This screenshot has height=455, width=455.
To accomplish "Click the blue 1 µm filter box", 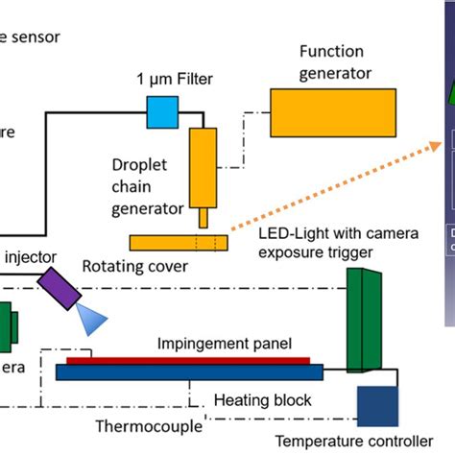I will (x=161, y=113).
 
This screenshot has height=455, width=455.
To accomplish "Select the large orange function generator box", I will (x=316, y=112).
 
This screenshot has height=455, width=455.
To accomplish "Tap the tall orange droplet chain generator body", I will (x=204, y=168).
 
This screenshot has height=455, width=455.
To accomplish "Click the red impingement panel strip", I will (x=188, y=361).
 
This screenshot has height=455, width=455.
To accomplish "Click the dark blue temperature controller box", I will (x=376, y=406).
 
